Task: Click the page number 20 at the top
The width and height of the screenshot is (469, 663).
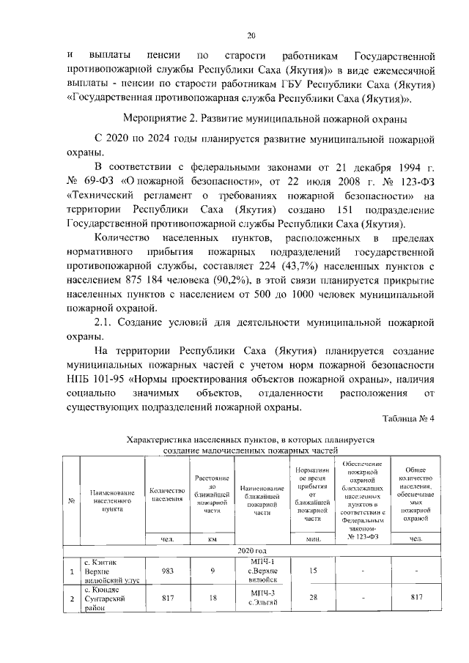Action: [251, 34]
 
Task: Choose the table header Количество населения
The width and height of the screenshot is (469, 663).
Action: [168, 495]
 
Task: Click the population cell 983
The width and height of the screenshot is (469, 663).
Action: [168, 571]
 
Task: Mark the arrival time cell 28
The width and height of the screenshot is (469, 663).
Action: [314, 598]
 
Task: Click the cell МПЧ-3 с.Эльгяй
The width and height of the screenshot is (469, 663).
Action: [262, 598]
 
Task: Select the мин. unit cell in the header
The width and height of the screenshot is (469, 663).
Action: [314, 540]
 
